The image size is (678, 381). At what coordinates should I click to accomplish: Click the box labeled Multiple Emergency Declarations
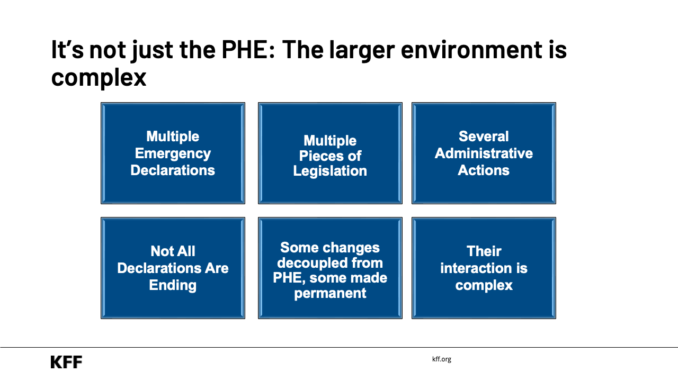pos(173,153)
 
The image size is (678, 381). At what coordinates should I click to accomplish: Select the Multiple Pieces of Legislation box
pos(330,153)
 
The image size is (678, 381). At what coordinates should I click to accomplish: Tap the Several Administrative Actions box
pos(484,153)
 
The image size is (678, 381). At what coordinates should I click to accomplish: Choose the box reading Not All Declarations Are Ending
pos(173,268)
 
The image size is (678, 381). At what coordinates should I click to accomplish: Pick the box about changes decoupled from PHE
pos(330,268)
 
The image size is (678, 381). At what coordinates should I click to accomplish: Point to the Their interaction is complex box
pos(484,268)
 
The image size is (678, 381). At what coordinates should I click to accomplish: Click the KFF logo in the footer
pos(66,362)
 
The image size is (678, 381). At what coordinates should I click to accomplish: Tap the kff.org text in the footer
pos(442,359)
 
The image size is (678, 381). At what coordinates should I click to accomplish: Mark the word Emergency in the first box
pos(173,153)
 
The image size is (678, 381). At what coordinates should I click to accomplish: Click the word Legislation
pos(330,171)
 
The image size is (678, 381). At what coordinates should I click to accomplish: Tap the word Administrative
pos(484,153)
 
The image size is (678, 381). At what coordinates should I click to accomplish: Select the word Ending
pos(173,285)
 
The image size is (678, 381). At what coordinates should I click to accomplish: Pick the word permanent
pos(330,293)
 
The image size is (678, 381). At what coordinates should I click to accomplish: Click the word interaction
pos(484,268)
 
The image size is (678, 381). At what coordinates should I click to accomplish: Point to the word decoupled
pos(330,262)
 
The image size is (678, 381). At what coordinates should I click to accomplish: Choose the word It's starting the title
pos(67,50)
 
